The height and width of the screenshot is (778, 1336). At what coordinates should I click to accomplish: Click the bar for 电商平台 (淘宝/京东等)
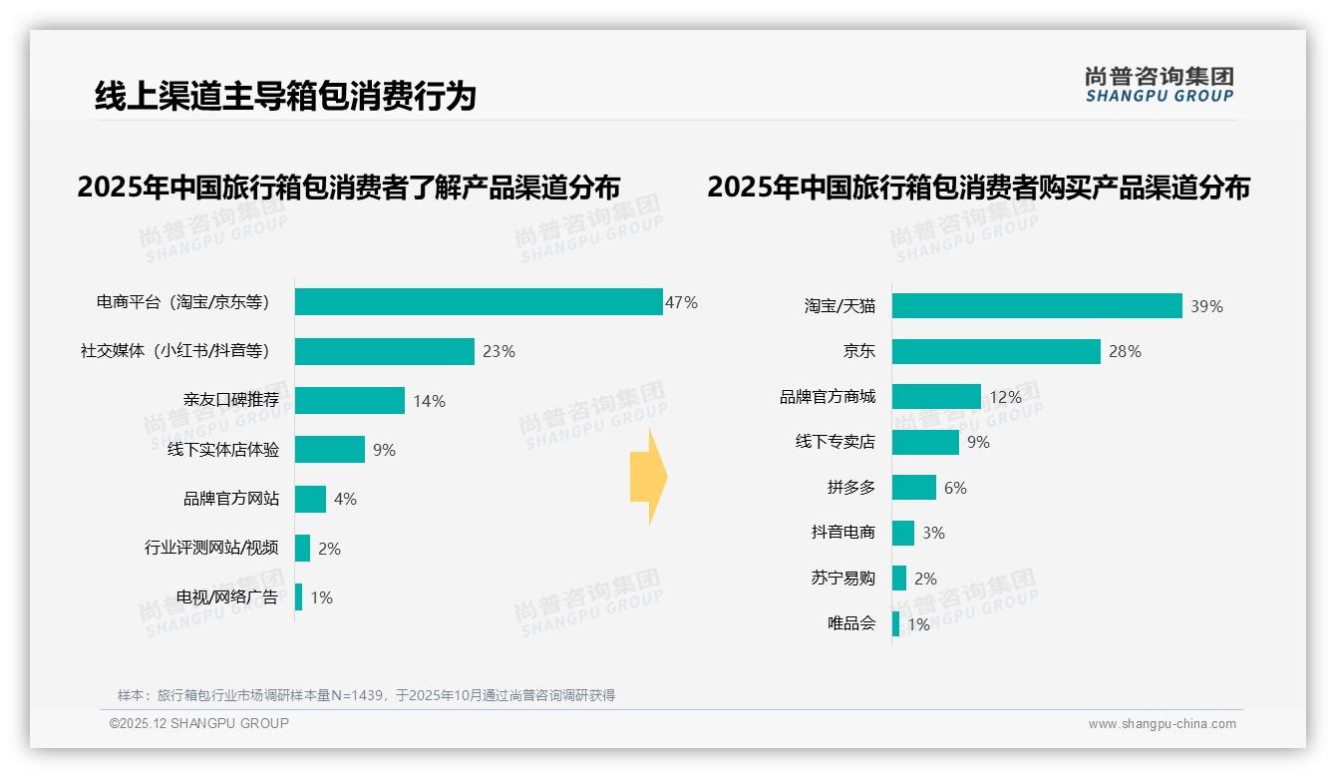coord(479,302)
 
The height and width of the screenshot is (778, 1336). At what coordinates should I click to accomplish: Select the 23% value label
coord(499,351)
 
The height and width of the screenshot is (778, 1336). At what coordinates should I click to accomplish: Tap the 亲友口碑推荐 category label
coord(230,400)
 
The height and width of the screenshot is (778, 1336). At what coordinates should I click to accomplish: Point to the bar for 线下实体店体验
coord(330,450)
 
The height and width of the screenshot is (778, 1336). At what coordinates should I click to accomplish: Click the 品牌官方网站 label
coord(230,499)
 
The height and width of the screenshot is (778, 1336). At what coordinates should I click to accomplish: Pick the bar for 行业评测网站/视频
coord(302,548)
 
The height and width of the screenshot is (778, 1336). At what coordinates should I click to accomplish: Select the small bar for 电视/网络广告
coord(298,597)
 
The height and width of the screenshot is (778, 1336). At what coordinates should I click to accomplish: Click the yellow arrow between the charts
coord(649,478)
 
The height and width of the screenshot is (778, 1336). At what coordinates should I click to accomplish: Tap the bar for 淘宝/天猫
coord(1037,306)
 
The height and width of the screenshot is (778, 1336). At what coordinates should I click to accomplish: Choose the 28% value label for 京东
coord(1125,351)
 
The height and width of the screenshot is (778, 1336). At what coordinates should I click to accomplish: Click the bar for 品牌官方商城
coord(936,397)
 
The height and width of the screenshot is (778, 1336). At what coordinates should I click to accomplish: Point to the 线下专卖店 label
coord(835,442)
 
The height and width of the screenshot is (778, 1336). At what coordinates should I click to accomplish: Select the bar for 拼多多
coord(914,488)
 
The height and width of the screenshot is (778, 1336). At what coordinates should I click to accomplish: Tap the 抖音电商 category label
coord(842,533)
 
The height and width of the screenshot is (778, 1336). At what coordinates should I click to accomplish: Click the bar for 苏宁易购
coord(899,579)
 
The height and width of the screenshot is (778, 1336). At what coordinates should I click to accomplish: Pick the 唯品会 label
coord(850,624)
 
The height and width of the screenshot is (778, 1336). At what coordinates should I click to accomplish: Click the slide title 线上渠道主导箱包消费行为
coord(285,96)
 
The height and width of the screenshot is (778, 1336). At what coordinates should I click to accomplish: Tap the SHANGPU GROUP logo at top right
coord(1159,85)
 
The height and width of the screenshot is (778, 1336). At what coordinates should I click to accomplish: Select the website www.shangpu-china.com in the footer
coord(1162,724)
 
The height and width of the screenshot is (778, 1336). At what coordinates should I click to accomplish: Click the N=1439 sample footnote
coord(366,695)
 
